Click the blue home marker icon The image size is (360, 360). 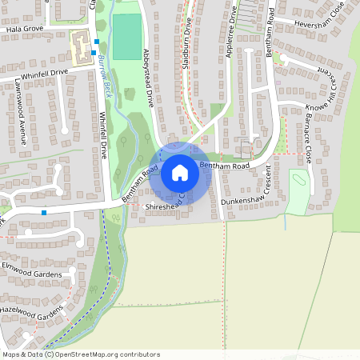(180, 172)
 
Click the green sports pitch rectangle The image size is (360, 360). (126, 37)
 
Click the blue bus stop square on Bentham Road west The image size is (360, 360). (43, 213)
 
